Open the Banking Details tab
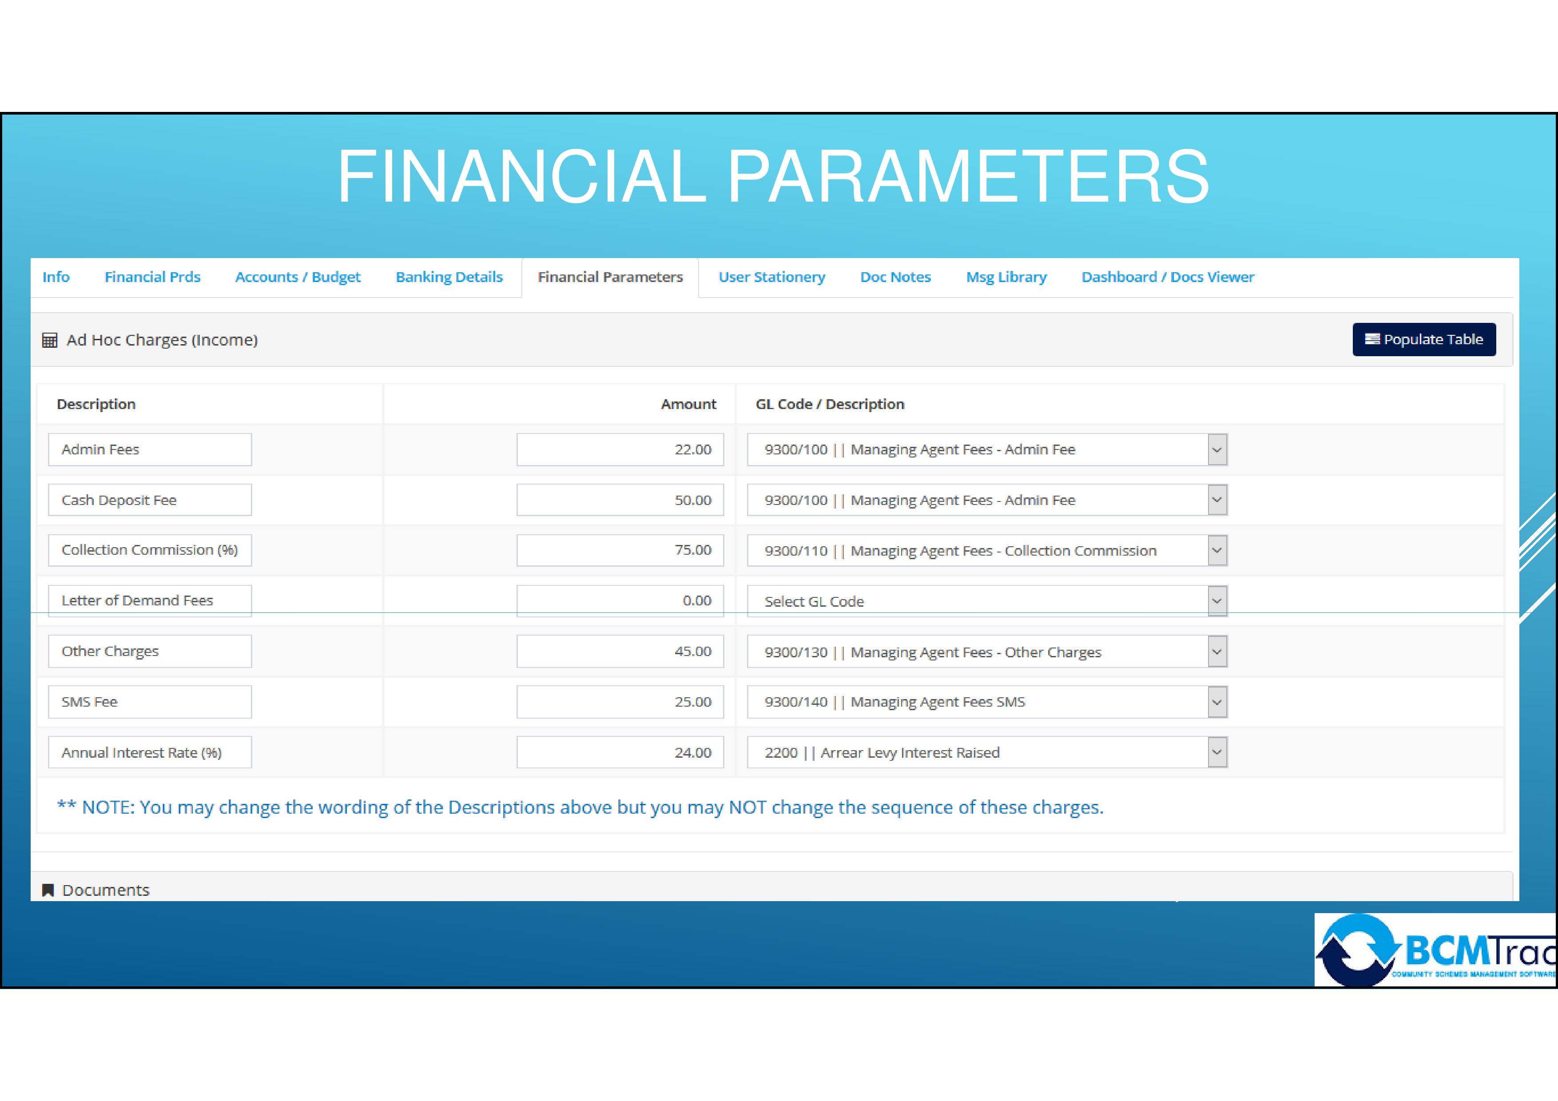click(449, 277)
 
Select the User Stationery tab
click(771, 277)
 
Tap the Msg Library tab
click(1006, 277)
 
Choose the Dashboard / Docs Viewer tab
click(1168, 277)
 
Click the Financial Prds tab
click(153, 277)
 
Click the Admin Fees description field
click(150, 449)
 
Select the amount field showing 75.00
click(620, 550)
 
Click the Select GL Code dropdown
click(987, 601)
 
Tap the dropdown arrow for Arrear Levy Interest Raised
click(1217, 752)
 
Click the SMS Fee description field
click(150, 701)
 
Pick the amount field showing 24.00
click(620, 752)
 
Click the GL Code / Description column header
click(830, 404)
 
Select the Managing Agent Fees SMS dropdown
click(987, 701)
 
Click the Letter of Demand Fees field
click(150, 601)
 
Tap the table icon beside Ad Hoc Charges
click(50, 340)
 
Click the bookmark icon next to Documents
click(48, 890)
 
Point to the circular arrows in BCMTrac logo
click(1358, 950)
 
